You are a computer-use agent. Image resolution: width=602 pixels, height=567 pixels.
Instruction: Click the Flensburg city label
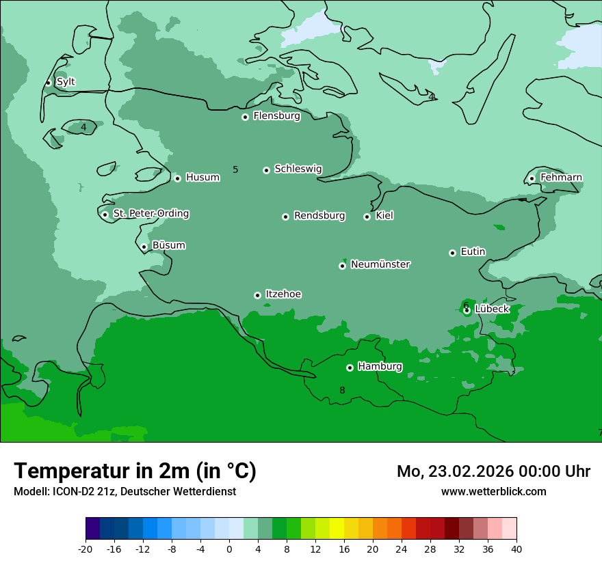coord(276,116)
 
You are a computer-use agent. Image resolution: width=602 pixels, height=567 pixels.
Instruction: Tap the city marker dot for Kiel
coord(367,217)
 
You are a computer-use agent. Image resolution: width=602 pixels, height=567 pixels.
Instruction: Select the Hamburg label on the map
coord(380,366)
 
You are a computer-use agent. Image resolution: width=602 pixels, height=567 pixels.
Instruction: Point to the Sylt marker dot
coord(49,83)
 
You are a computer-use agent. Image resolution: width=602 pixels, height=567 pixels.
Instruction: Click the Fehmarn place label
coord(561,178)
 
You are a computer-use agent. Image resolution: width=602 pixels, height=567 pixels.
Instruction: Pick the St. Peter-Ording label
coord(150,213)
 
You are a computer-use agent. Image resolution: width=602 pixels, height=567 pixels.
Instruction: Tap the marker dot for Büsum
coord(144,247)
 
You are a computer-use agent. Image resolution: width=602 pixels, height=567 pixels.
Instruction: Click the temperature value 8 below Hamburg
coord(342,390)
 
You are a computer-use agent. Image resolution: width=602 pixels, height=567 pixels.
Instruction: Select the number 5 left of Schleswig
coord(235,169)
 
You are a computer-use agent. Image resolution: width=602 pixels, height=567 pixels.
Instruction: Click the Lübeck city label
coord(492,309)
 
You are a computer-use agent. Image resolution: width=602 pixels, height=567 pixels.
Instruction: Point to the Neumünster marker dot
coord(343,266)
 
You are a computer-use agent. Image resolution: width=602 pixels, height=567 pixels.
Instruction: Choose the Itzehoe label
coord(283,294)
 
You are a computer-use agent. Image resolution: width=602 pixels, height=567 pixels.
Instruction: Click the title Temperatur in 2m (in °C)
coord(135,471)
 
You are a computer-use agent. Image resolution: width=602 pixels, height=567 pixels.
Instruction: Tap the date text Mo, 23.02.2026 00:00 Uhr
coord(493,471)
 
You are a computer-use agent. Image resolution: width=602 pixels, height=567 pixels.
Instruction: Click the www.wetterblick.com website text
coord(493,491)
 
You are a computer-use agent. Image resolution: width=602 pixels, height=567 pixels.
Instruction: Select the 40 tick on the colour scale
coord(516,549)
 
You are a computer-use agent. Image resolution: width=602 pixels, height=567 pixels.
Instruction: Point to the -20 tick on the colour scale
coord(86,549)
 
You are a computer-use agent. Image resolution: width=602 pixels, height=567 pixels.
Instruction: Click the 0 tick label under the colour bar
coord(229,549)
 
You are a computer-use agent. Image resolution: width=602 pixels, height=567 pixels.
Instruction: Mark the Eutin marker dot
coord(452,253)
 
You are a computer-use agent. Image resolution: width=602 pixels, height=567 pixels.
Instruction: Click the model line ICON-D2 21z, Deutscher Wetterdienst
coord(125,491)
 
